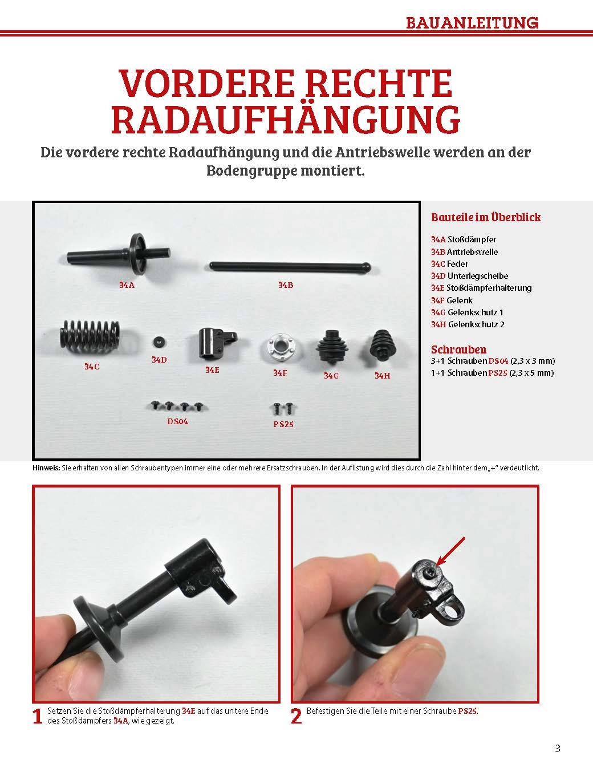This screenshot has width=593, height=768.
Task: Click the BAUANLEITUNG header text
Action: coord(472,23)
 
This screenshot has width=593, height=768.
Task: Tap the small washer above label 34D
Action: coord(160,342)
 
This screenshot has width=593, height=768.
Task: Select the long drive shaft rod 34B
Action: coord(290,266)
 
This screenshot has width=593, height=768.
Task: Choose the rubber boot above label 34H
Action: coord(383,344)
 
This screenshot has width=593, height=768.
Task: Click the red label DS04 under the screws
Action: coord(177,421)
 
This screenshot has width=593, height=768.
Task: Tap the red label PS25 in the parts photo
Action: coord(283,424)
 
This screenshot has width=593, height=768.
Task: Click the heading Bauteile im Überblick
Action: coord(486,217)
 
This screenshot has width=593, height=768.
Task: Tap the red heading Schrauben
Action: coord(458,350)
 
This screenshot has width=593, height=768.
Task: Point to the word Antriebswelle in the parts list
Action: coord(472,251)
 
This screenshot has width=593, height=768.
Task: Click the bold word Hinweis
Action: coord(46,468)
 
